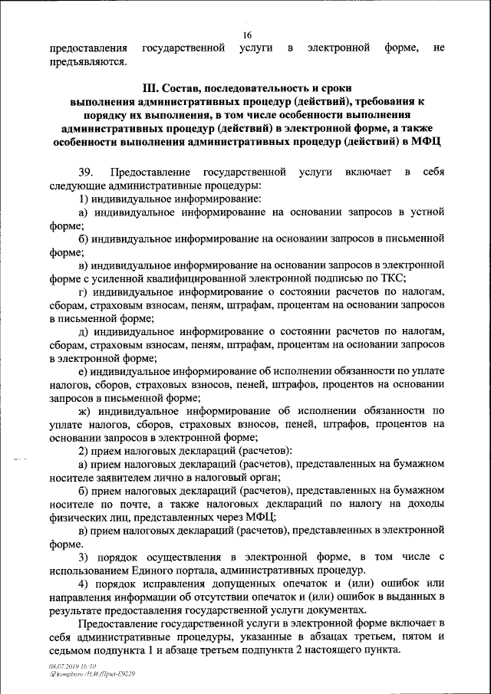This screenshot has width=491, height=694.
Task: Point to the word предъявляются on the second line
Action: tap(88, 62)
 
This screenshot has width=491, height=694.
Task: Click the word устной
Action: tap(427, 212)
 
